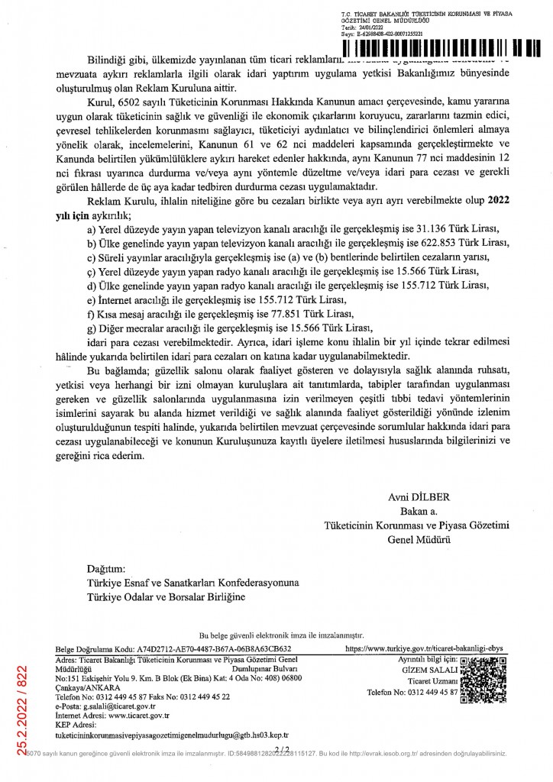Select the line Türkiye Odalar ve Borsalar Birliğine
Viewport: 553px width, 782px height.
tap(167, 596)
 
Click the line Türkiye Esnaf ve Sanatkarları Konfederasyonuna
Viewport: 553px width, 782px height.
tap(193, 583)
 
